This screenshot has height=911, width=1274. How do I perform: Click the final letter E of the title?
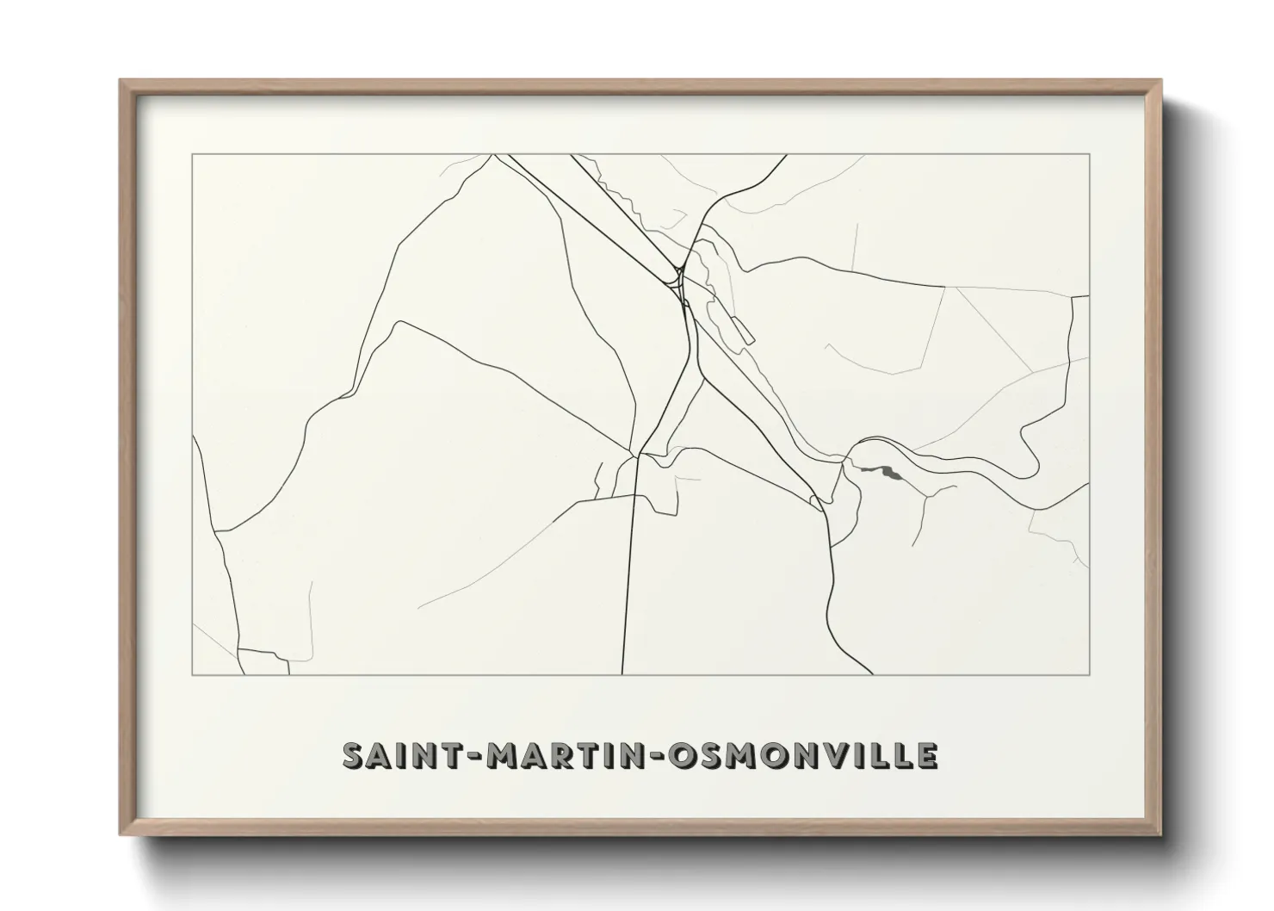(927, 756)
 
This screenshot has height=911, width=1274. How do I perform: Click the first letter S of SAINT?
(353, 756)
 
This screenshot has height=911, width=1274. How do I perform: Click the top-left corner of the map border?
(192, 155)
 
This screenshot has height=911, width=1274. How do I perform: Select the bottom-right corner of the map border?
(1090, 674)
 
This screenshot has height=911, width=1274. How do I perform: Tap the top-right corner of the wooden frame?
(1161, 80)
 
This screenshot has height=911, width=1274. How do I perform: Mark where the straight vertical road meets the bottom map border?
(622, 673)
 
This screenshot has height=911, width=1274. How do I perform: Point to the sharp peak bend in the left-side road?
(398, 323)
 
